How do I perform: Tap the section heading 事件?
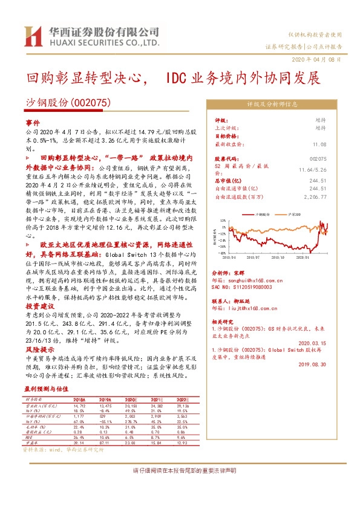(33, 122)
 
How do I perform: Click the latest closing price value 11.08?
(319, 144)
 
